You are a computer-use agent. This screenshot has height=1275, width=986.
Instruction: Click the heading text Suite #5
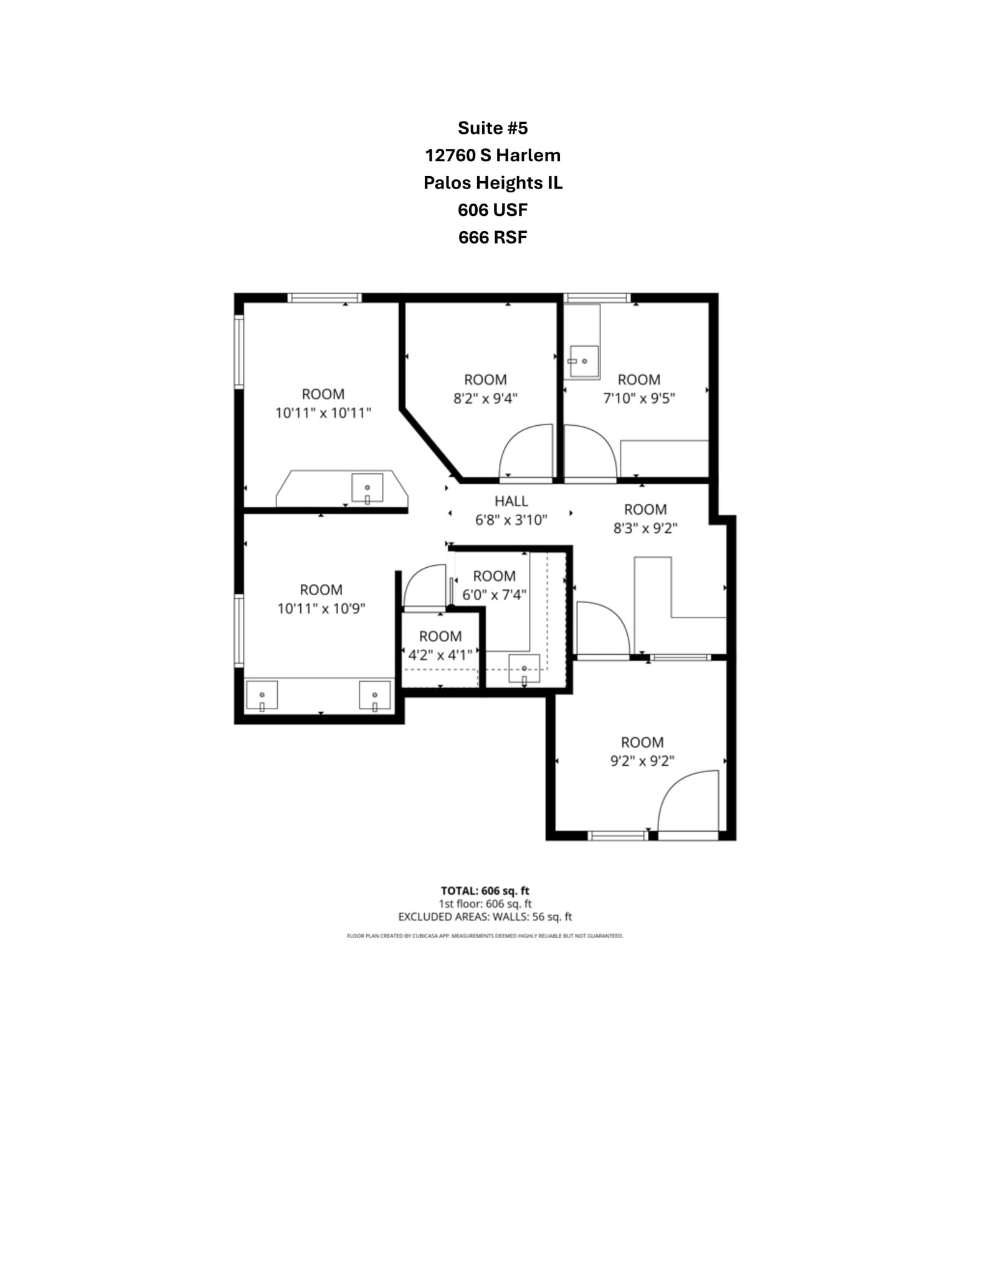(492, 128)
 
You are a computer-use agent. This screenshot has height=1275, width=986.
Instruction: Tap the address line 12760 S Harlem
(492, 155)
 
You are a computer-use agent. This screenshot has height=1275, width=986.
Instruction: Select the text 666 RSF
(492, 237)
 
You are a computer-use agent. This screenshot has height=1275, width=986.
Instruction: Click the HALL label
(511, 501)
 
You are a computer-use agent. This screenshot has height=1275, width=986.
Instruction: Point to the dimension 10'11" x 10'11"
(323, 413)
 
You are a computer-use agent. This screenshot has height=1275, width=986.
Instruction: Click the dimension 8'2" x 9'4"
(485, 398)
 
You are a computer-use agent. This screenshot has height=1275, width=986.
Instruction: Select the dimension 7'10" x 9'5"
(638, 398)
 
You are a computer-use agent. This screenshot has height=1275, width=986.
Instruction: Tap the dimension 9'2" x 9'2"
(642, 761)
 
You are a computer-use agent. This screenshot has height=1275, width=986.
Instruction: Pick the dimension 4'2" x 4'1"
(440, 655)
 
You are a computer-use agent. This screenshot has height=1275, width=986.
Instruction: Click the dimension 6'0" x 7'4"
(494, 595)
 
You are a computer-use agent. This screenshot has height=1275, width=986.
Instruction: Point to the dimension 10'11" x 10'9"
(321, 608)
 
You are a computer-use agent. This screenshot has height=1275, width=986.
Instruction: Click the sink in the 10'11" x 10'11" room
(367, 488)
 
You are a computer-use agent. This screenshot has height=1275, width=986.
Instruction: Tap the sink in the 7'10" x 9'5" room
(584, 361)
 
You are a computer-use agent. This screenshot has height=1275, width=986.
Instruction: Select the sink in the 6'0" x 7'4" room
(524, 669)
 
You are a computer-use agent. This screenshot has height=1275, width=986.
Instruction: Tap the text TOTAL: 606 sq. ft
(485, 891)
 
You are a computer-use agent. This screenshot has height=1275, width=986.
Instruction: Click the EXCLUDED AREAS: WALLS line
(485, 916)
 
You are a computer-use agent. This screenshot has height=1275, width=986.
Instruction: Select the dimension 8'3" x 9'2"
(645, 529)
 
